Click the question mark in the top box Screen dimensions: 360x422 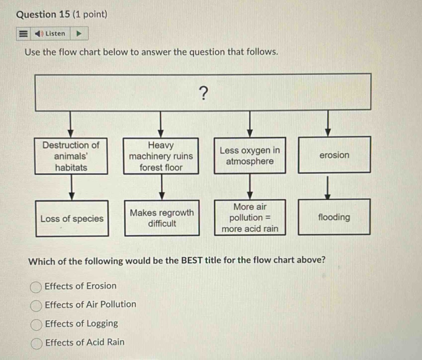click(204, 93)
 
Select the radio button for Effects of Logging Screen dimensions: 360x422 click(36, 325)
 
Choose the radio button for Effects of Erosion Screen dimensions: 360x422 click(36, 287)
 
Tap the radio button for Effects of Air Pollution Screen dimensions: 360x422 click(36, 306)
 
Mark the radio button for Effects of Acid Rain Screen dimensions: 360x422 click(36, 343)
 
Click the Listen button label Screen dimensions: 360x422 click(55, 34)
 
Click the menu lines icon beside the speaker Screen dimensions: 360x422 click(23, 34)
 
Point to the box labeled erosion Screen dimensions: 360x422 click(334, 155)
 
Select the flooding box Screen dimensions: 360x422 click(334, 217)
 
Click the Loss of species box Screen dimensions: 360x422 click(72, 219)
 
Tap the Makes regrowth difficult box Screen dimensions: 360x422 click(162, 218)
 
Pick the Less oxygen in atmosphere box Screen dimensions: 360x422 click(250, 156)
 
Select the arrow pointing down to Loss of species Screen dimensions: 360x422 click(72, 187)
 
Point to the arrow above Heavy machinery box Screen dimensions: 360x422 click(161, 124)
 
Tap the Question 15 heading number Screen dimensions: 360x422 click(64, 15)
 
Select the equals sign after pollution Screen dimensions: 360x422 click(268, 218)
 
